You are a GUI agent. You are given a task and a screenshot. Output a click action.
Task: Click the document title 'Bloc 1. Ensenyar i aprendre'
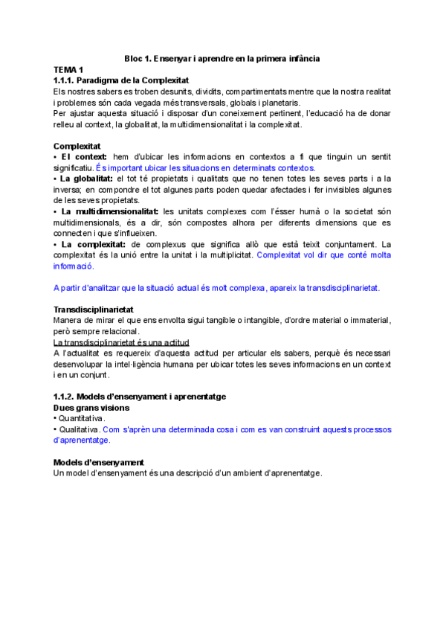(x=222, y=58)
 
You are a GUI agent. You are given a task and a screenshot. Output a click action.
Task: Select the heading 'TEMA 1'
(x=69, y=68)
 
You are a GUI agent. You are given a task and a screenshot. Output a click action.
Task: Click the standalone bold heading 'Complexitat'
(x=77, y=146)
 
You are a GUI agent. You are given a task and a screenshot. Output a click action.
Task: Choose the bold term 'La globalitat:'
(x=86, y=179)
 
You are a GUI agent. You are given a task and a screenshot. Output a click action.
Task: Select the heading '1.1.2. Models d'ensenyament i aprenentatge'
(x=140, y=397)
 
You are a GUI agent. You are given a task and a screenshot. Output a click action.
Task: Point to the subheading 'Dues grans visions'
(x=92, y=408)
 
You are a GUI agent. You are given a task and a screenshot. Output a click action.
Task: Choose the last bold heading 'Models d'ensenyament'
(x=99, y=462)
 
